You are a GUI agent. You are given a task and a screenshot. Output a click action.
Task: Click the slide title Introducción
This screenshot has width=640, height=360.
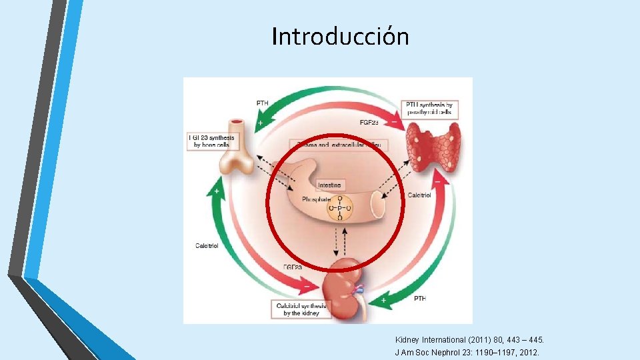coord(340,36)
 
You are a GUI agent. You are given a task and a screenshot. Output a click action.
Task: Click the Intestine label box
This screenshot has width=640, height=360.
coord(329,185)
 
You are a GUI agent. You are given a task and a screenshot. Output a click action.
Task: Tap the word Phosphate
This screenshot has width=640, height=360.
coord(316,199)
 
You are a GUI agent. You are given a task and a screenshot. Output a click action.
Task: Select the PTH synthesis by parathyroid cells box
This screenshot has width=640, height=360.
coord(429,108)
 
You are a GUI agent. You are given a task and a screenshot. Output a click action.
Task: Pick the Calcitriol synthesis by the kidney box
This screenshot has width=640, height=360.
coord(301,309)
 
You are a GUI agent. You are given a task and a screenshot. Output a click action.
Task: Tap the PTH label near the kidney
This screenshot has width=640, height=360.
coord(419,298)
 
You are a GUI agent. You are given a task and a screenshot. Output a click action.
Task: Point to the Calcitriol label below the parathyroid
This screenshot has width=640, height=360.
coord(419,195)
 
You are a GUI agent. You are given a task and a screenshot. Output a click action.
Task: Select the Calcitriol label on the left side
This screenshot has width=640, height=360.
coord(207,246)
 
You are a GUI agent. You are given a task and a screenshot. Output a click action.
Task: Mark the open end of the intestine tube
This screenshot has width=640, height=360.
coord(378,206)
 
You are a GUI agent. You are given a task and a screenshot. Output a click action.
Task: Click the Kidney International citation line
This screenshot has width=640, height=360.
coord(469,340)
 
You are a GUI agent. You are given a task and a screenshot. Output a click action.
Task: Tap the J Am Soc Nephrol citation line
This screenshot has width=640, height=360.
coord(467,352)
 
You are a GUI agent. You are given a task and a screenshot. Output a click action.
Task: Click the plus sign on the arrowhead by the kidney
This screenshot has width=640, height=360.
coord(383,301)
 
